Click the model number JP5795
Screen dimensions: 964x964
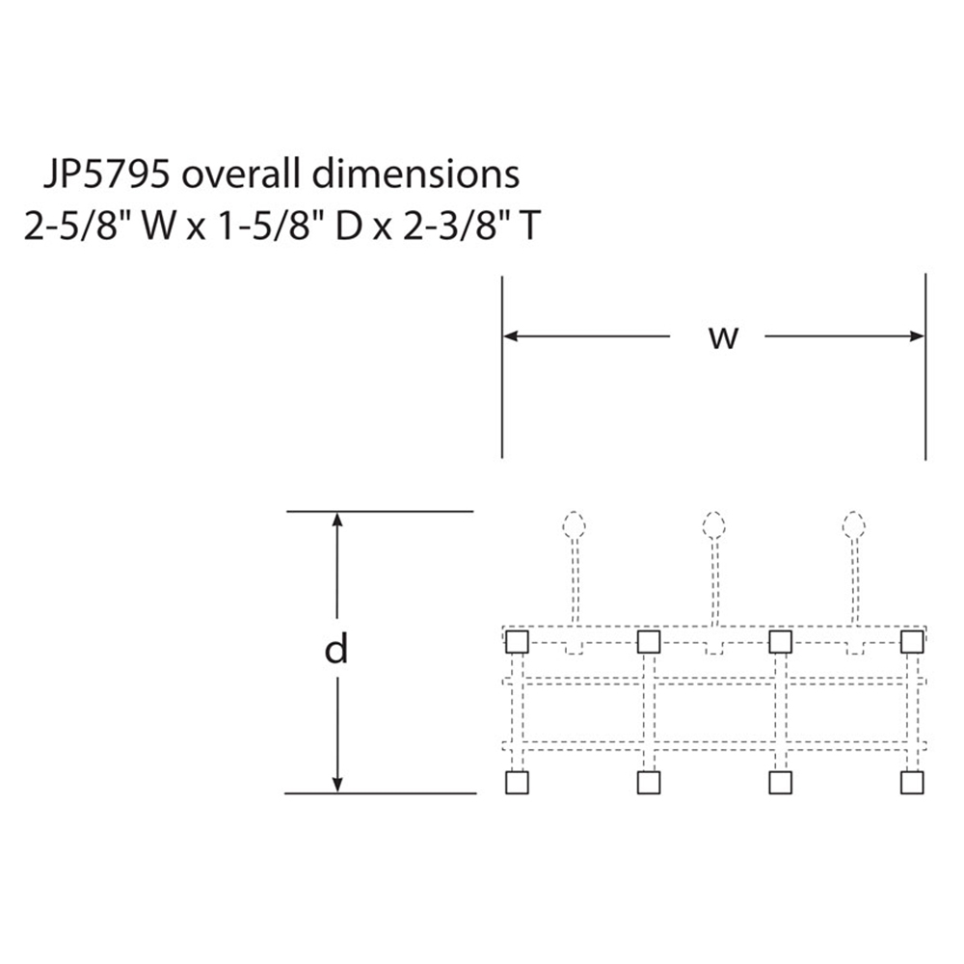point(105,174)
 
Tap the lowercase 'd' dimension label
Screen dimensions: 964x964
point(336,649)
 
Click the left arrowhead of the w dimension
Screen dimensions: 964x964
point(511,336)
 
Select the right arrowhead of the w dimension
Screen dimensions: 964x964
point(917,336)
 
